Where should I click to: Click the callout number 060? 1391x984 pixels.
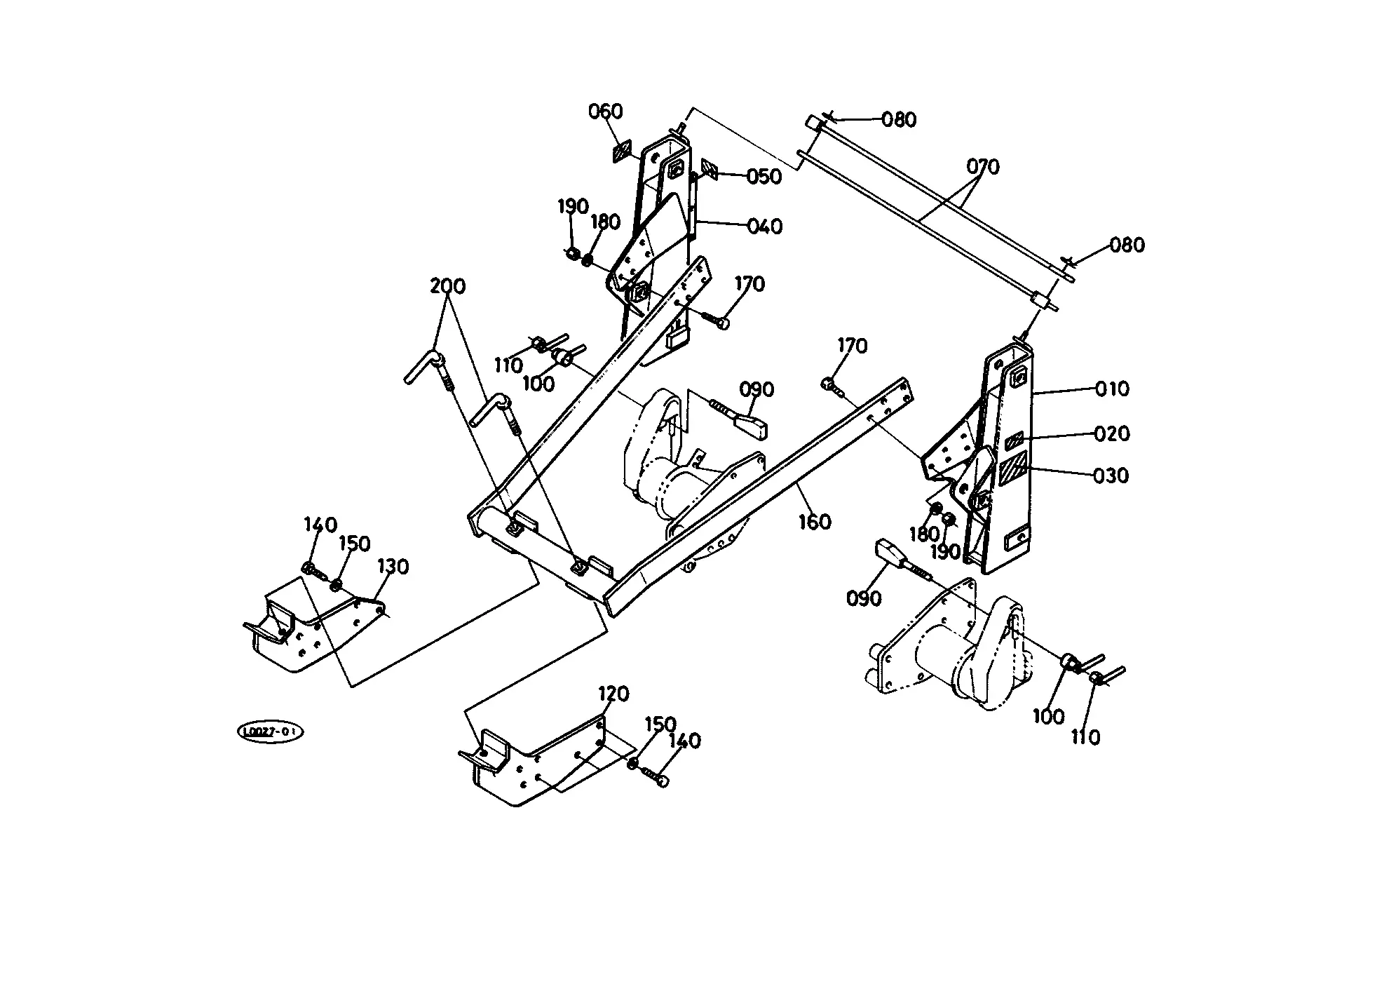coord(605,112)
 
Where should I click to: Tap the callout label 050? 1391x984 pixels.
coord(764,176)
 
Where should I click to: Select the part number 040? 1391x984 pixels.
coord(764,227)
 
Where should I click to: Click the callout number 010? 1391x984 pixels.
coord(1112,389)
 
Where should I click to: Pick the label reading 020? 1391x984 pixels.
coord(1113,433)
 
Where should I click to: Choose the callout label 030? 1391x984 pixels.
coord(1112,476)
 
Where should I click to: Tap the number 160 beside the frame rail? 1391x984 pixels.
coord(815,522)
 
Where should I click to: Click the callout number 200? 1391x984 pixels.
coord(448,286)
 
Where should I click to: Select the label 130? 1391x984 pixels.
coord(393,567)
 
